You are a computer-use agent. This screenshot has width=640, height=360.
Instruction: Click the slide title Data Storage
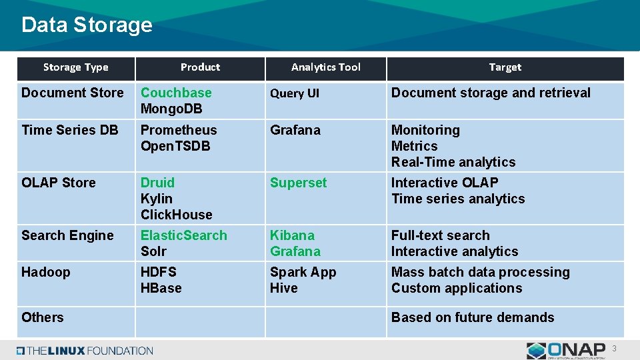point(87,25)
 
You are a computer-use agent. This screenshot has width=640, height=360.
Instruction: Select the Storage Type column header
point(75,67)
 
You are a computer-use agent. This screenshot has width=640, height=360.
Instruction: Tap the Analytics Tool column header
point(325,67)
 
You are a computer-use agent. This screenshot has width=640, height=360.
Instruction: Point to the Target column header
point(505,67)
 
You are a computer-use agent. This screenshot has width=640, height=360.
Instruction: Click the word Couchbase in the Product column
point(176,93)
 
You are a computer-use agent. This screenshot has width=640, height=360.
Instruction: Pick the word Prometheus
point(179,130)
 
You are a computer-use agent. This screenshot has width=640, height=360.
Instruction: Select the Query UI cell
point(294,93)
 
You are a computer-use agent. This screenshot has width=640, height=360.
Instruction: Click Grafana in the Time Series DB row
point(295,130)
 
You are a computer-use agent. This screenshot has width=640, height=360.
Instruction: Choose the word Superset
point(298,183)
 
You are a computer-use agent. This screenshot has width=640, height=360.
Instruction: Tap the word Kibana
point(292,235)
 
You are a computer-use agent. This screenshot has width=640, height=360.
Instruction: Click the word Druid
point(157,183)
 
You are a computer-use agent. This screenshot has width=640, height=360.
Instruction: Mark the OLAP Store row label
point(59,183)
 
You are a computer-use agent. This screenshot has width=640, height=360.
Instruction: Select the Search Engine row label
point(67,235)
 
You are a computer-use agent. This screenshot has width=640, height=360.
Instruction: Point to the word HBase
point(161,288)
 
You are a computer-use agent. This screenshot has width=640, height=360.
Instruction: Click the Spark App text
point(303,272)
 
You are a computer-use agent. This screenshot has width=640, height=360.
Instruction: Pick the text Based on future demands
point(473,317)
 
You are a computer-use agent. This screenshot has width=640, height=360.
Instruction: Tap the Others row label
point(43,317)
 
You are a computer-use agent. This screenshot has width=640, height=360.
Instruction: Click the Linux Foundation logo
point(85,350)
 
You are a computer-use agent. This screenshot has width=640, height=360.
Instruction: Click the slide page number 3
point(615,349)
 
